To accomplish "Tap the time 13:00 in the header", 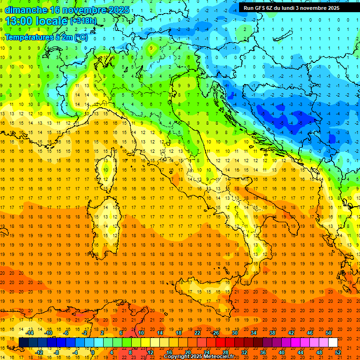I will point(19,21).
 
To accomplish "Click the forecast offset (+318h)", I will point(84,21).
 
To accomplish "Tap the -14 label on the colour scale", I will point(30,333).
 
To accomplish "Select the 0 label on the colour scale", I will point(93,352).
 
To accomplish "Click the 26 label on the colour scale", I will point(216,333).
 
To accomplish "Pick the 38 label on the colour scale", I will point(272,333).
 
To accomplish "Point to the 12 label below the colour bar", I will point(150,352).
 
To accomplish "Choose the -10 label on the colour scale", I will point(48,333).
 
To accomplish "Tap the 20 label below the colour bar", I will point(188,352).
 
